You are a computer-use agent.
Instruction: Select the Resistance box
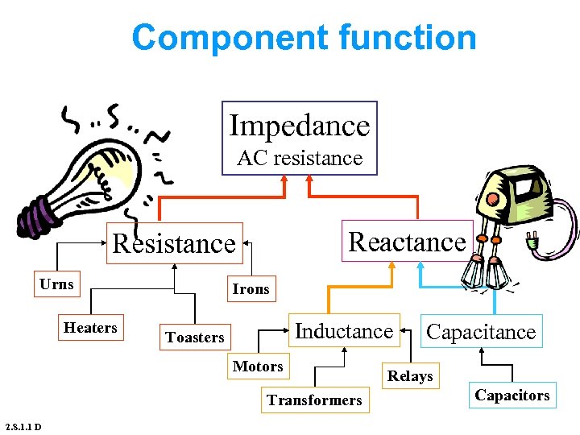(175, 243)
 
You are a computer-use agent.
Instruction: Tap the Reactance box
(407, 241)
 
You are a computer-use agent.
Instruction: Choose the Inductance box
(344, 330)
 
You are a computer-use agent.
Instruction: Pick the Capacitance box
(481, 331)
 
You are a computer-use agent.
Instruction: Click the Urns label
(56, 284)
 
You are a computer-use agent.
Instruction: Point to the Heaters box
(90, 328)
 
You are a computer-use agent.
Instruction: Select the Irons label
(251, 288)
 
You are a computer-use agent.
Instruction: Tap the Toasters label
(195, 338)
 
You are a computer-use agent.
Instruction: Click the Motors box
(258, 367)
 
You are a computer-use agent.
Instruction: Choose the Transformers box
(314, 400)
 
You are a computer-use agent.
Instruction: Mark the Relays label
(410, 376)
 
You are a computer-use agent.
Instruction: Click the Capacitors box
(512, 396)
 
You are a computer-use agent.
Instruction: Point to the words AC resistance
(300, 159)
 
